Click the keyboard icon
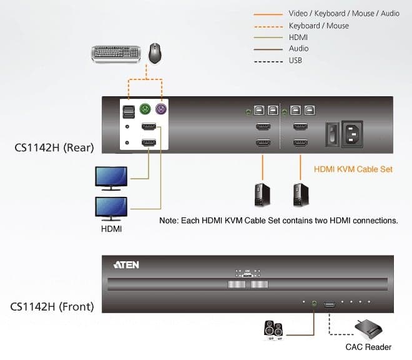[x=116, y=54]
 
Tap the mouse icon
[x=155, y=53]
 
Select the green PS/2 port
[x=145, y=109]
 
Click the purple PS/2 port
[x=161, y=109]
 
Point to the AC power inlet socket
[x=352, y=134]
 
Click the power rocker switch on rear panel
[x=332, y=134]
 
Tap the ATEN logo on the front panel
[x=126, y=265]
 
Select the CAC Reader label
[x=368, y=347]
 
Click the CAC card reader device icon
[x=368, y=329]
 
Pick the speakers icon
[x=274, y=329]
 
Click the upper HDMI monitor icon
[x=111, y=178]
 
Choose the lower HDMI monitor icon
[x=111, y=209]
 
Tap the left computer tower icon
[x=262, y=195]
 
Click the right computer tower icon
[x=301, y=195]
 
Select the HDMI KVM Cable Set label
[x=353, y=169]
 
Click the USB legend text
[x=295, y=61]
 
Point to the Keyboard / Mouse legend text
[x=319, y=26]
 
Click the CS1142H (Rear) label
[x=54, y=147]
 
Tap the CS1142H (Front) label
[x=52, y=307]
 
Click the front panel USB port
[x=330, y=305]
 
